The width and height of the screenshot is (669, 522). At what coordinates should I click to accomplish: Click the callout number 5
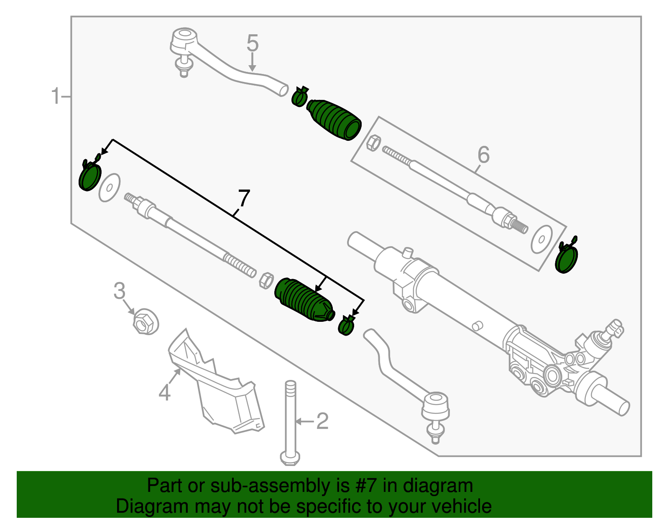(253, 43)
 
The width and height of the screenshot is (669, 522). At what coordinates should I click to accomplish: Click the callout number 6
(483, 155)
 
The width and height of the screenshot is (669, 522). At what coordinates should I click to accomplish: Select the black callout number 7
(243, 199)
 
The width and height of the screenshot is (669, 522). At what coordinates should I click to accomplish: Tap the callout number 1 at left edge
(56, 96)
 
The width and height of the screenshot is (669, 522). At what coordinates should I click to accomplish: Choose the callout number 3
(120, 291)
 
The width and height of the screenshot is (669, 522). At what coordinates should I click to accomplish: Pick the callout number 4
(165, 392)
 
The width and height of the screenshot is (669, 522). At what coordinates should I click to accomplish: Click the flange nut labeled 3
(145, 321)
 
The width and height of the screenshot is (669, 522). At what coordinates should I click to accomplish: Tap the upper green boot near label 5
(334, 119)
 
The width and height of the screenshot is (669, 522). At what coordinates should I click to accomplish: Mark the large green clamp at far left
(90, 177)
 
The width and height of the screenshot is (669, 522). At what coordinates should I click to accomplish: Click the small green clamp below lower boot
(346, 326)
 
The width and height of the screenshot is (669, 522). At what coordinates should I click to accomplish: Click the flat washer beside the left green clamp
(110, 187)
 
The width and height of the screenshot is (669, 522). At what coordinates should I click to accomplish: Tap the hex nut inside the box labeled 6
(373, 143)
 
